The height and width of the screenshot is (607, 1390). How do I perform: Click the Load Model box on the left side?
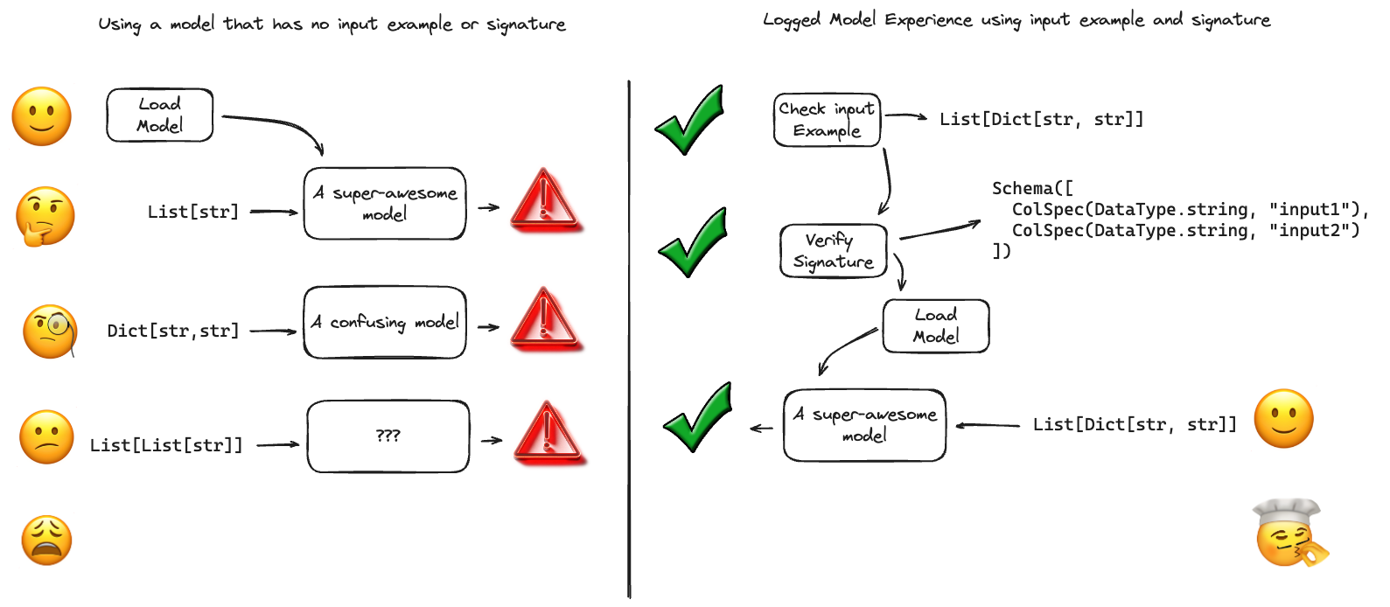[x=159, y=115]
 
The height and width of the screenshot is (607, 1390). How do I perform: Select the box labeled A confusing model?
[x=385, y=322]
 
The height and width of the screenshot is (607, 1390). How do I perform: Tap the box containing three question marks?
[x=388, y=436]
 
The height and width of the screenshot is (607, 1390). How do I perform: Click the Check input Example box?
[x=827, y=120]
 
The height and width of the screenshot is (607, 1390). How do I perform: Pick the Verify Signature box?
[x=833, y=251]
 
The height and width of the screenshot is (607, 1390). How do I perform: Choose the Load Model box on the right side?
[x=935, y=325]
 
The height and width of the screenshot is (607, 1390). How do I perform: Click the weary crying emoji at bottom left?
[x=47, y=540]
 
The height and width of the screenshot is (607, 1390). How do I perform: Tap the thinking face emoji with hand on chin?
[x=45, y=216]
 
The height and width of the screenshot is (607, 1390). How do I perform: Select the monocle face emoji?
[x=50, y=331]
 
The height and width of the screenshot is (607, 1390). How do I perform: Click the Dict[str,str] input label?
[x=172, y=331]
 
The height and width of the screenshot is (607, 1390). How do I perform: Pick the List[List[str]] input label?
[x=165, y=445]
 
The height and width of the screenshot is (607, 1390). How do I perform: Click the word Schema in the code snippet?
[x=1023, y=188]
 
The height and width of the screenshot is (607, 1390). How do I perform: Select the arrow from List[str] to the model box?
[x=274, y=212]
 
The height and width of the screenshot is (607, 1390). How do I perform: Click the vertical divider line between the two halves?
[x=629, y=350]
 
